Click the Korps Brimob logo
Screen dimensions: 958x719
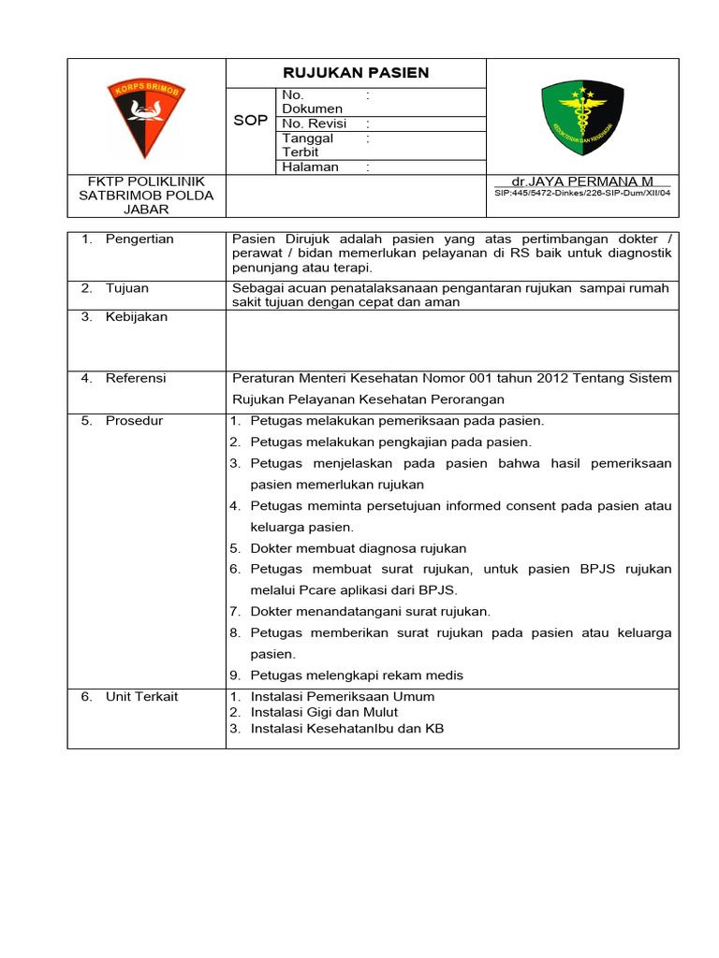tap(146, 117)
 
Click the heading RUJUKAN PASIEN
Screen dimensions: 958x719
tap(356, 73)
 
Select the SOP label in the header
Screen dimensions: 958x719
tap(250, 122)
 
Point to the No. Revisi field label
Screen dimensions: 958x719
tap(315, 123)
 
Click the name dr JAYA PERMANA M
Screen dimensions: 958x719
tap(582, 181)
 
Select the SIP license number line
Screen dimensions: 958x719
tap(582, 193)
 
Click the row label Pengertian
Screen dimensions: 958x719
tap(139, 239)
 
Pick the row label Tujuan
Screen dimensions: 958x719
tap(126, 288)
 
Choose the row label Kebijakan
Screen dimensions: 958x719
tap(136, 317)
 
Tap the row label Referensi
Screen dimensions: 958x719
tap(136, 378)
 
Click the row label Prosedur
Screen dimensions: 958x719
tap(134, 421)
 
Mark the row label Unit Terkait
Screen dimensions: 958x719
tap(141, 697)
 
